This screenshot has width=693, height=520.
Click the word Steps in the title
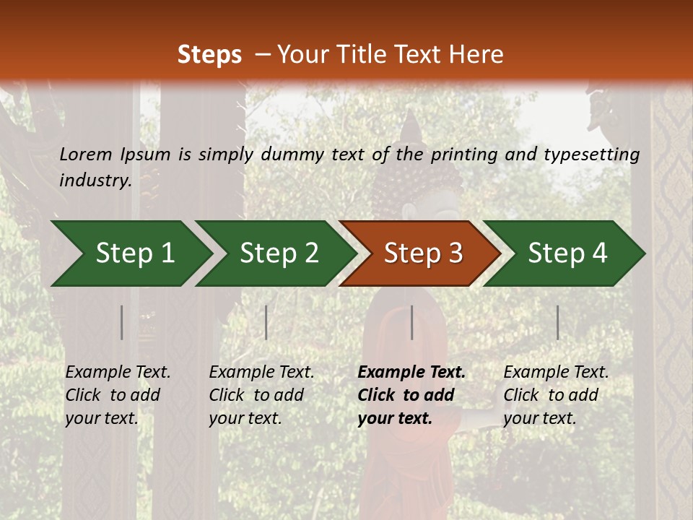click(x=209, y=55)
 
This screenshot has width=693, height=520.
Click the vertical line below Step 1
click(x=122, y=322)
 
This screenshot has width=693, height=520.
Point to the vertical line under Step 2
click(x=266, y=322)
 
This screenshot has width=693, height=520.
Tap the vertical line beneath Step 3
click(x=411, y=322)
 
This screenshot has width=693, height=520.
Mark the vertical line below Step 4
click(x=557, y=322)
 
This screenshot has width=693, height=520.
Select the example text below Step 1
click(x=118, y=395)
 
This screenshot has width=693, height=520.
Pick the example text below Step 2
click(x=261, y=395)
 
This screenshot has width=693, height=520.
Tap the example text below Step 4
click(x=556, y=395)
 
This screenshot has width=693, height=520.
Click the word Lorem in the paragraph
click(x=86, y=154)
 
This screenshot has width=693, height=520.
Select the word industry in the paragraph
click(x=95, y=181)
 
